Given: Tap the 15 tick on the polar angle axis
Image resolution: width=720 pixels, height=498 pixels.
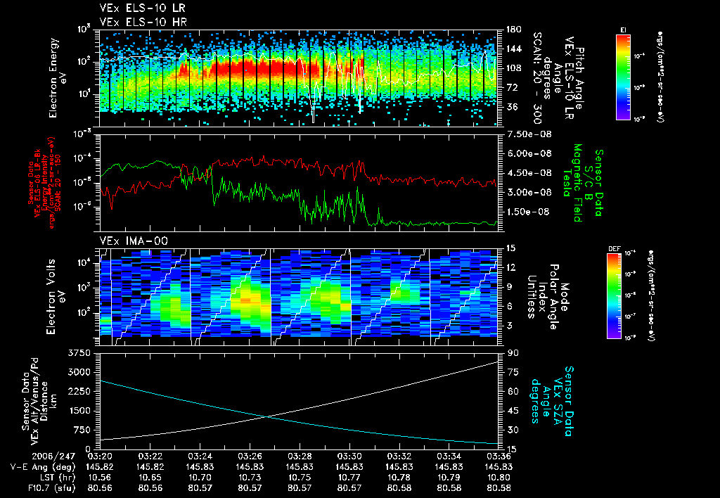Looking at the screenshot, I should [x=511, y=248].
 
